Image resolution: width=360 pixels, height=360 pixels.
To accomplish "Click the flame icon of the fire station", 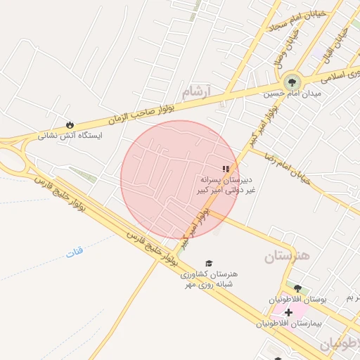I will click(69, 124).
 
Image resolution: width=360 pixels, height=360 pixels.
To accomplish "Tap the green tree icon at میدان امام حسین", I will click(292, 82).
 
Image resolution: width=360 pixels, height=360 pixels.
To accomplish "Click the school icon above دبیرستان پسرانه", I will click(225, 169).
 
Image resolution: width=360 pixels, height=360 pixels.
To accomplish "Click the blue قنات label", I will click(75, 250).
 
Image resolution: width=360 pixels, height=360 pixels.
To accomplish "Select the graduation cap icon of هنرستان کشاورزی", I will click(209, 263).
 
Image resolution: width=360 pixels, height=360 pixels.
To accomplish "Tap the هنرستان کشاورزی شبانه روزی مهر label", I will click(210, 278).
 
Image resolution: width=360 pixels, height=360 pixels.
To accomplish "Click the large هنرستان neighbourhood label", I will click(287, 256).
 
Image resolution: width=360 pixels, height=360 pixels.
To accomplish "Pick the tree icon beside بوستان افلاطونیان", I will click(297, 288).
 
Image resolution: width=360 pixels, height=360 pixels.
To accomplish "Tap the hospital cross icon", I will click(288, 311).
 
